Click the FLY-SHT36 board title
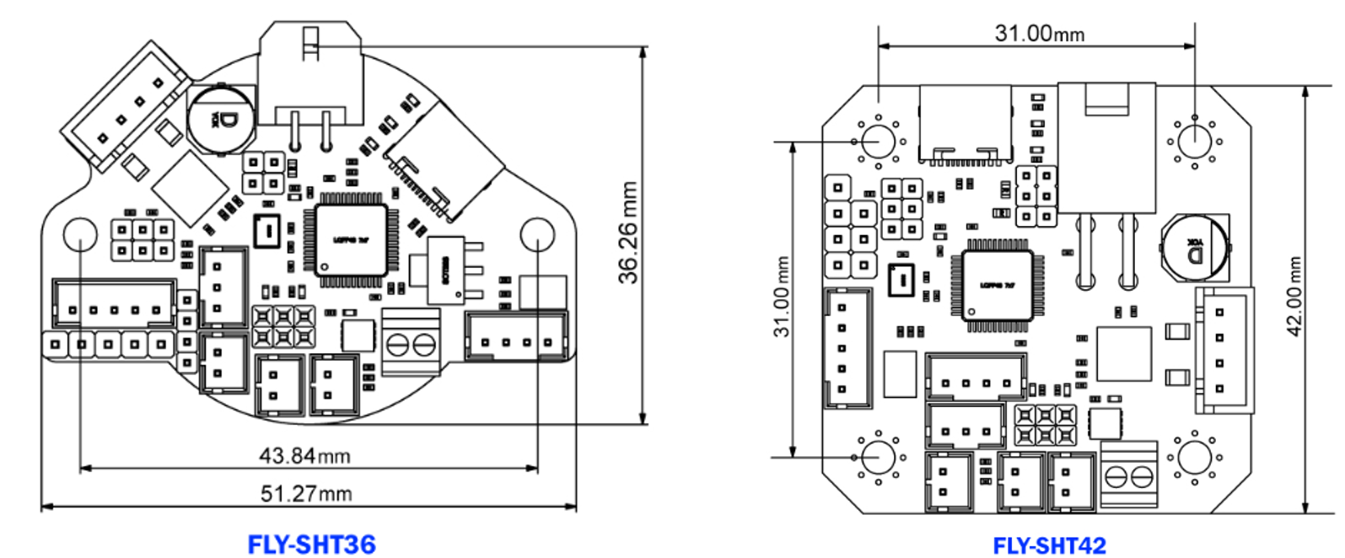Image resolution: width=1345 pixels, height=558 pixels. pos(311,545)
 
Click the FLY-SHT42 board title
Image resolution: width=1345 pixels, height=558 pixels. pos(1049,545)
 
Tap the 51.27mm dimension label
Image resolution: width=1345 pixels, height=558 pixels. pos(305,493)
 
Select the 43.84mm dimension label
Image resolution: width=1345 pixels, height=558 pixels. pos(304,456)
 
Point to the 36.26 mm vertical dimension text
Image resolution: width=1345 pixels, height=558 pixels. pos(628,233)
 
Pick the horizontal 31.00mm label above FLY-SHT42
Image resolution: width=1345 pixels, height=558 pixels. pos(1039,34)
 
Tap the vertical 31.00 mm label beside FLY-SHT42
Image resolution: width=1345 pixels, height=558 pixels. pos(783,297)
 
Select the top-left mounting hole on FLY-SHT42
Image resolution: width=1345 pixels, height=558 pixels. pos(878,140)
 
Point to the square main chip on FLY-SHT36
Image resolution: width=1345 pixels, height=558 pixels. pos(352,239)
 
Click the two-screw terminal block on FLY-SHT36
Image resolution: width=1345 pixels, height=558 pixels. pos(411,342)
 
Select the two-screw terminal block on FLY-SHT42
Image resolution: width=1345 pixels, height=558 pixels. pos(1129,476)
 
